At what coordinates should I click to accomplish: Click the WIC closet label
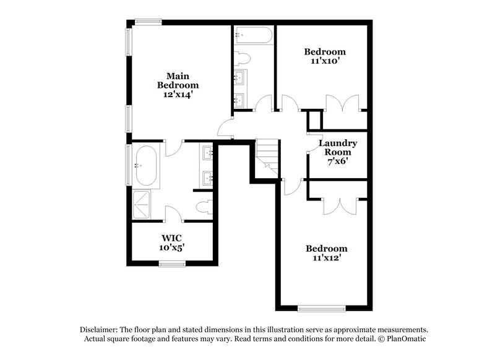click(171, 238)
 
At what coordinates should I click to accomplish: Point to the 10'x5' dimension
click(171, 247)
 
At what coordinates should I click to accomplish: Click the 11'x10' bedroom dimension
click(325, 61)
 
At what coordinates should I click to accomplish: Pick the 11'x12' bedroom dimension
click(326, 258)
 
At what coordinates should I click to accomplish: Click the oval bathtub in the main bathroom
click(147, 166)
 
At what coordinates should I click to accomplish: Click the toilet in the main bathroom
click(202, 206)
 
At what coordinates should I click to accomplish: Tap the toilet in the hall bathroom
click(243, 59)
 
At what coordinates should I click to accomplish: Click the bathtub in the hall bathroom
click(253, 35)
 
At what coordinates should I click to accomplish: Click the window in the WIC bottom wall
click(171, 264)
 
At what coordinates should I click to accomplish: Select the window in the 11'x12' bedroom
click(321, 307)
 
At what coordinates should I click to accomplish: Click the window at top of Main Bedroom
click(148, 23)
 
